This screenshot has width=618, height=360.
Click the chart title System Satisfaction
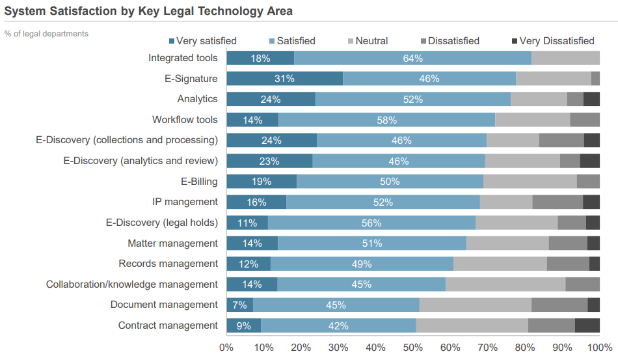(x=148, y=11)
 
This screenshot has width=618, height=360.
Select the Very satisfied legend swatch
(x=172, y=41)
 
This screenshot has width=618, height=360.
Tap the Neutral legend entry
(x=368, y=41)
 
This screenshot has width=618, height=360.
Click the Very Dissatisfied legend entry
(x=552, y=41)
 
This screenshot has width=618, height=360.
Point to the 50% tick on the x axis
(x=413, y=347)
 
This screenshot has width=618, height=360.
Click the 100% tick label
(x=600, y=347)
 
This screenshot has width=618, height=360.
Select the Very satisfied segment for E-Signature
(x=284, y=79)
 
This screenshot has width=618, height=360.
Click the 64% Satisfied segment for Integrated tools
(x=412, y=58)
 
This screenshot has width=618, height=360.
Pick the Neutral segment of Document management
(x=476, y=305)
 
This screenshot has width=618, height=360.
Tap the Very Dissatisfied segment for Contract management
(x=587, y=325)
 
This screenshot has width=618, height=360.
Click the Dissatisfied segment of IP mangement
(x=558, y=202)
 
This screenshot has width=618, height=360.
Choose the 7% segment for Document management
(x=239, y=305)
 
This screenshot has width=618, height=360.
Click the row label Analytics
(x=197, y=99)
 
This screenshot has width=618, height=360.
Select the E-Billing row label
(x=199, y=181)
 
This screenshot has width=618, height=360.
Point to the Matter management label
(x=172, y=243)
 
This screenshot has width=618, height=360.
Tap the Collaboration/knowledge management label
(x=131, y=284)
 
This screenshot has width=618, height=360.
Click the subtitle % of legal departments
(x=46, y=33)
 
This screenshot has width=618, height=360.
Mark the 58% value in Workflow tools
(x=386, y=120)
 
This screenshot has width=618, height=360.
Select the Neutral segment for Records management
(x=500, y=264)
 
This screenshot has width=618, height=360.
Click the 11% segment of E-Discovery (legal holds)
(x=247, y=223)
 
